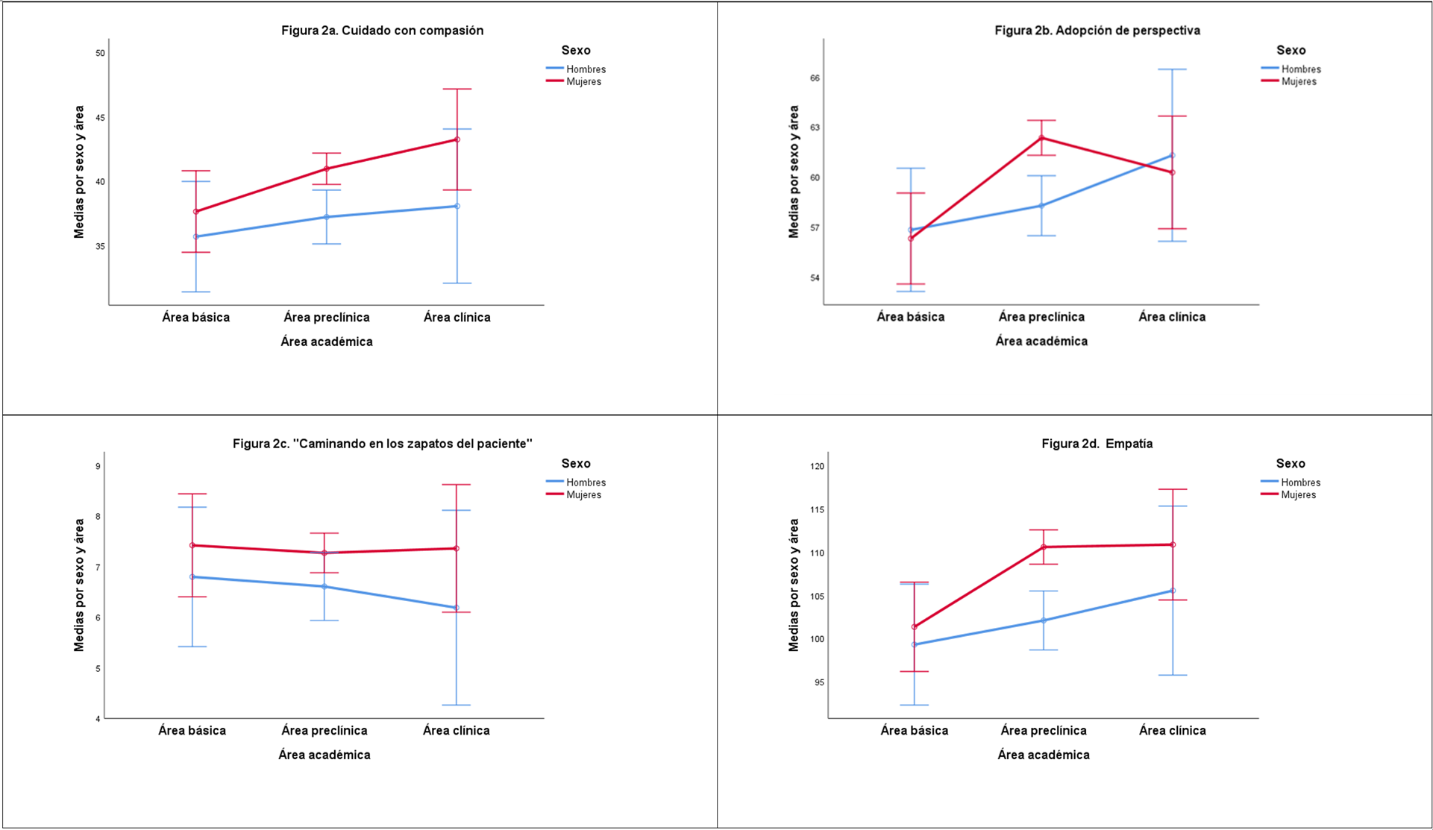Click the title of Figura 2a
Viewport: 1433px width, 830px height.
pyautogui.click(x=382, y=31)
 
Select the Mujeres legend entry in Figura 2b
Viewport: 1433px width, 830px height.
pyautogui.click(x=1298, y=81)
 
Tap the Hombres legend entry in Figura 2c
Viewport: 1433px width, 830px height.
pyautogui.click(x=586, y=482)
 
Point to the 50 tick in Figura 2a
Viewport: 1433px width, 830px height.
pyautogui.click(x=100, y=53)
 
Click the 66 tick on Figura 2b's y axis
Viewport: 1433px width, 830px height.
pyautogui.click(x=815, y=78)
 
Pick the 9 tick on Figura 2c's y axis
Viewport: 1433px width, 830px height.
pyautogui.click(x=98, y=466)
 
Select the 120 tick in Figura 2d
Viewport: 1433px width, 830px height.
pyautogui.click(x=817, y=466)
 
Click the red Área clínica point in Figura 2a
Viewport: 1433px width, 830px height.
pyautogui.click(x=457, y=139)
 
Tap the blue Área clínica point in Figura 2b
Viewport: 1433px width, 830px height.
pyautogui.click(x=1172, y=155)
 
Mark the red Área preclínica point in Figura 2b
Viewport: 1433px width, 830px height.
pyautogui.click(x=1041, y=137)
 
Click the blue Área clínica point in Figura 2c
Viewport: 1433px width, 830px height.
pyautogui.click(x=457, y=608)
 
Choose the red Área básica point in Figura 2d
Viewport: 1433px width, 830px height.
pyautogui.click(x=914, y=627)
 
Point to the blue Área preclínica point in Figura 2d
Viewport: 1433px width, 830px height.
pyautogui.click(x=1044, y=620)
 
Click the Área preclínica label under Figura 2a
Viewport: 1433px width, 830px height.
pyautogui.click(x=326, y=317)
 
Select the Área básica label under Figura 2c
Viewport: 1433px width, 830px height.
pyautogui.click(x=192, y=730)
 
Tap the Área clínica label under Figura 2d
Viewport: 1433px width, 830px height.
pyautogui.click(x=1172, y=730)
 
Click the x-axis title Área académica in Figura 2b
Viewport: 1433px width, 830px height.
pyautogui.click(x=1041, y=341)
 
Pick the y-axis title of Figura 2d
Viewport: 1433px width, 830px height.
pyautogui.click(x=794, y=585)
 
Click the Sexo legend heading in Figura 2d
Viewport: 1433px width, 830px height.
pyautogui.click(x=1291, y=463)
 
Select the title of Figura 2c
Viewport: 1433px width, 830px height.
pyautogui.click(x=382, y=444)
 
